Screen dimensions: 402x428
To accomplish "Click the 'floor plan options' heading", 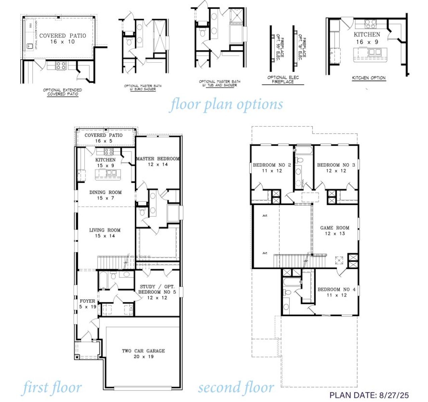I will coord(226,104).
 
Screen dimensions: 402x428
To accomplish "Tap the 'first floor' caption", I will coord(52,388).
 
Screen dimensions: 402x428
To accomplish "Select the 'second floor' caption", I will coord(236,388).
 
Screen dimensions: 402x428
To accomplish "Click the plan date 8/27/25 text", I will coord(369,395).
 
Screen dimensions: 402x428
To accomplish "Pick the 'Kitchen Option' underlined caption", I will coord(369,78).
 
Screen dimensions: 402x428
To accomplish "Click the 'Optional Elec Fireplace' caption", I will coord(283,80).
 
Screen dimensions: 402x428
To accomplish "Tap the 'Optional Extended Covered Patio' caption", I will coord(63,92).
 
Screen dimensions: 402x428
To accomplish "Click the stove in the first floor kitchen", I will coord(109,152).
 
